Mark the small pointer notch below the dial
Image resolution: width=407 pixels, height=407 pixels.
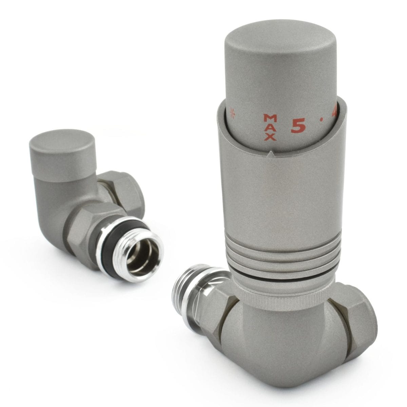pyautogui.click(x=270, y=154)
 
